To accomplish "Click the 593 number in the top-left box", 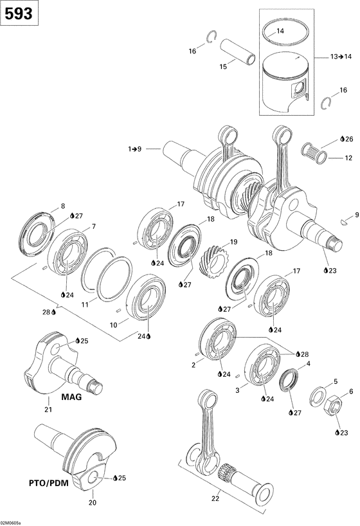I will (x=18, y=14).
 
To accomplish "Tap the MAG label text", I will (x=71, y=397).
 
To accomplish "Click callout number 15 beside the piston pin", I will (x=224, y=66).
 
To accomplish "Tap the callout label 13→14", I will (x=341, y=57).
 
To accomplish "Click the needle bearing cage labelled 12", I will (x=316, y=154).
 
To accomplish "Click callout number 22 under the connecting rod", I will (x=215, y=496).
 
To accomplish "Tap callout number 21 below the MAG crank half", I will (x=48, y=411).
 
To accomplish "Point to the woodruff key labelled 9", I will (x=346, y=222).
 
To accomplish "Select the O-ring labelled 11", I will (x=106, y=274).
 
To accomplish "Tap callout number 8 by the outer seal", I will (x=63, y=206).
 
